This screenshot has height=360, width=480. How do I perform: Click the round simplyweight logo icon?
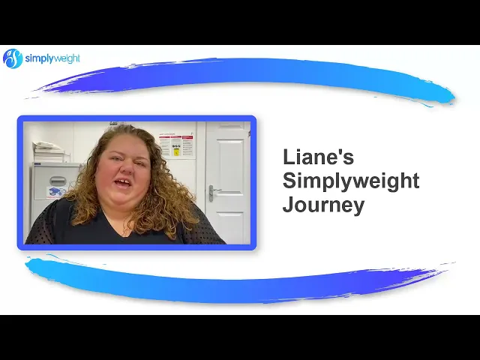tap(13, 58)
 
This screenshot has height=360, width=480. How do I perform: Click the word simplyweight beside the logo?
tap(52, 58)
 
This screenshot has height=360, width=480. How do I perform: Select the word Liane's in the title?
tap(318, 157)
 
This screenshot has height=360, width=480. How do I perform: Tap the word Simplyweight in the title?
tap(351, 181)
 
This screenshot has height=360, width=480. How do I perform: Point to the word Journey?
tap(323, 205)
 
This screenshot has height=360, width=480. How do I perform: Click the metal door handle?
tap(213, 193)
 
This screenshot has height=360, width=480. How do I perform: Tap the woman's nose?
tap(127, 168)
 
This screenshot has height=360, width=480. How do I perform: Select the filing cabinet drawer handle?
tap(58, 181)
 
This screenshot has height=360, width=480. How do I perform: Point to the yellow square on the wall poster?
tap(176, 151)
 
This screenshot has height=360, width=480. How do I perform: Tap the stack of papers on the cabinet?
tap(49, 151)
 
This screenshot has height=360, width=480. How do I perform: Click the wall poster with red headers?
tap(176, 145)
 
